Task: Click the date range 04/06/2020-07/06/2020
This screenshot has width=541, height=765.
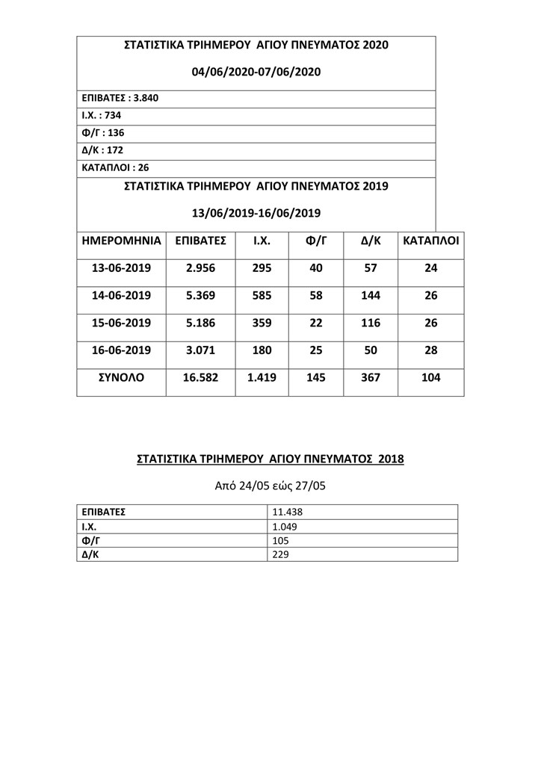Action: [x=256, y=72]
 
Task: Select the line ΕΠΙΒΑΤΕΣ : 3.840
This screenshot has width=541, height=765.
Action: [x=120, y=98]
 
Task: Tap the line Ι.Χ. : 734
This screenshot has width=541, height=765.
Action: [x=101, y=115]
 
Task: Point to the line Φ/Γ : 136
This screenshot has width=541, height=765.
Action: [x=103, y=132]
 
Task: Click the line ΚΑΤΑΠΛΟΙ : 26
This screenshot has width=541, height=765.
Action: [x=115, y=167]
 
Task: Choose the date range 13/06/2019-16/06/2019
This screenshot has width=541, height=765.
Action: [x=256, y=213]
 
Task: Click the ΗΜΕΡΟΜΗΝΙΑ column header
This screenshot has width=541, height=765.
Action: [x=121, y=241]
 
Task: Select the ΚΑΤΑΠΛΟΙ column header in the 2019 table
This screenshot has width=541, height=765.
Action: [x=430, y=241]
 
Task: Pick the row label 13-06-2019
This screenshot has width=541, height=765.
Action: [x=121, y=268]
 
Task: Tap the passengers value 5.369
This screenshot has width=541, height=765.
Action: [x=200, y=296]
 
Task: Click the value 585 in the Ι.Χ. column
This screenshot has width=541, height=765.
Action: [x=262, y=296]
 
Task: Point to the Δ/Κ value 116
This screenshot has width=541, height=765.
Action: [x=371, y=323]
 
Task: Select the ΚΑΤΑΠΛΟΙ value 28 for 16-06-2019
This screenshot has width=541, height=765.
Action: [x=430, y=350]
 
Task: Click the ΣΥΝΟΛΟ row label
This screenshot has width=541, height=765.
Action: [x=121, y=378]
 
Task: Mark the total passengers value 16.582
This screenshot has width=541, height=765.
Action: [x=200, y=378]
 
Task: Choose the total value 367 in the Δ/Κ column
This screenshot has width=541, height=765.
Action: [x=371, y=378]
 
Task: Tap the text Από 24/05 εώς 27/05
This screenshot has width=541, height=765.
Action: [x=270, y=486]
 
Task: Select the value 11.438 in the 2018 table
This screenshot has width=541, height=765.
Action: [x=287, y=512]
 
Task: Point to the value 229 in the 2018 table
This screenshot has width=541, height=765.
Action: [x=281, y=555]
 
